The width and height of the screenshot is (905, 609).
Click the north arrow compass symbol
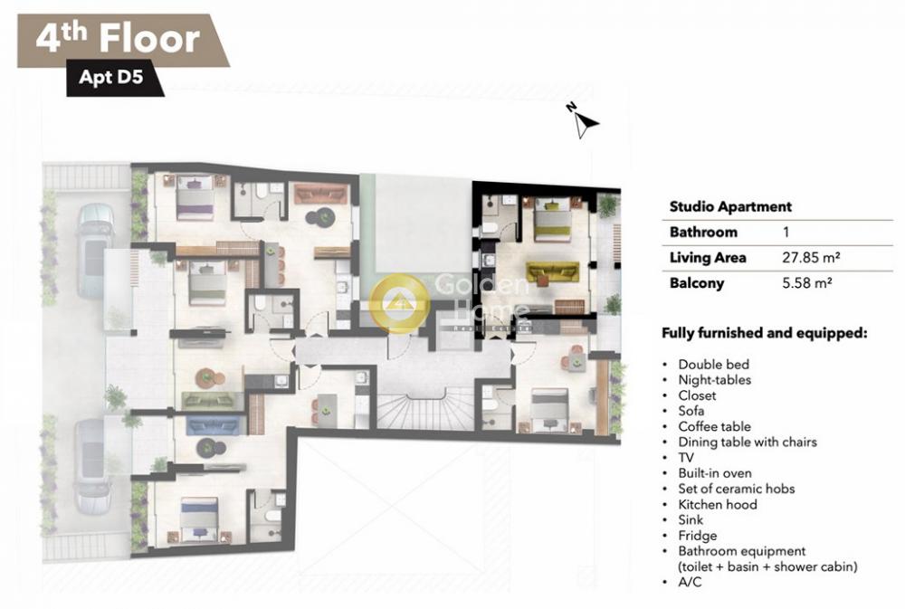(x=585, y=122)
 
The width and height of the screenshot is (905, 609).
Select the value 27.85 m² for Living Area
(x=810, y=258)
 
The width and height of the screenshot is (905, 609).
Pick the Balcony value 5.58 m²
(x=806, y=283)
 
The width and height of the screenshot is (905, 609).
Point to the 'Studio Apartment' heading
(x=730, y=206)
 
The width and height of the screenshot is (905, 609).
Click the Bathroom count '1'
(x=786, y=232)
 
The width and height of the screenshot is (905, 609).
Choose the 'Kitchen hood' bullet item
(x=718, y=505)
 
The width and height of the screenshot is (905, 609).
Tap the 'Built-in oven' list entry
(x=715, y=473)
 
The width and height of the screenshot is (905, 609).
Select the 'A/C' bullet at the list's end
(x=690, y=582)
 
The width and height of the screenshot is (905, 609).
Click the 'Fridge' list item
(x=697, y=536)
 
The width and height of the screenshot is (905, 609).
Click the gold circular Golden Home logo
(x=399, y=302)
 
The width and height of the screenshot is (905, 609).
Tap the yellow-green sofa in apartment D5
(x=552, y=271)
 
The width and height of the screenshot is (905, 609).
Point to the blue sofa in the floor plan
(x=213, y=425)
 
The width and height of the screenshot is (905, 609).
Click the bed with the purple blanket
(x=195, y=197)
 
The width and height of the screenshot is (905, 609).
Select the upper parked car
(x=95, y=251)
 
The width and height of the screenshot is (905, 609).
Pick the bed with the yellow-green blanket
(x=552, y=220)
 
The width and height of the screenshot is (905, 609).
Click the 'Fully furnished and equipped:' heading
(x=764, y=333)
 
